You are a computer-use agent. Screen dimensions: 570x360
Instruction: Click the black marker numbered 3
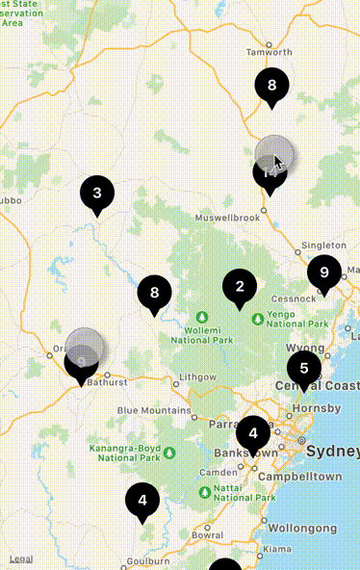click(x=96, y=194)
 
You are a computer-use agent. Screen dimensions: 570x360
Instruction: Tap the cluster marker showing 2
click(x=240, y=286)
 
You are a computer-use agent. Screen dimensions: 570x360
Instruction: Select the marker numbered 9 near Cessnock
click(x=324, y=272)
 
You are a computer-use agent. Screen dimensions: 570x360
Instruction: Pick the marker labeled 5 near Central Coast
click(x=304, y=368)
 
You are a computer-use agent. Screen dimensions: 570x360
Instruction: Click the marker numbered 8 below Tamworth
click(x=271, y=86)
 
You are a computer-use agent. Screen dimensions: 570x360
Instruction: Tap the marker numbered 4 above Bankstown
click(x=253, y=432)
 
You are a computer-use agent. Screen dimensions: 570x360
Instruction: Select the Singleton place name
click(x=322, y=246)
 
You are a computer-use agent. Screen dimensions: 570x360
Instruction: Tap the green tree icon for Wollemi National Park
click(x=202, y=317)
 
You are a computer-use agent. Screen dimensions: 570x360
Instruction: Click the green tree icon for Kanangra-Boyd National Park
click(x=169, y=452)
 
